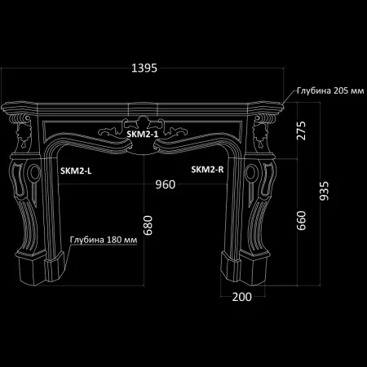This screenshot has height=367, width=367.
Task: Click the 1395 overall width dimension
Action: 144,68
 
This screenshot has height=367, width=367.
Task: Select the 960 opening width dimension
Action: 166,184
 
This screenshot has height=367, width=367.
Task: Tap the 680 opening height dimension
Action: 148,225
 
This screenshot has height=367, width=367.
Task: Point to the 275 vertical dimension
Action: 301,130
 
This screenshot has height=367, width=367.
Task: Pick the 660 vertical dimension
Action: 301,220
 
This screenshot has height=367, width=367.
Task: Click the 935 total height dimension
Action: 324,191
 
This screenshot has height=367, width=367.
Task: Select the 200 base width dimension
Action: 242,297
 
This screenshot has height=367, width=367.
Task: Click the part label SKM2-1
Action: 143,134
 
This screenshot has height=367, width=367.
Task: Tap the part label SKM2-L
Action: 76,170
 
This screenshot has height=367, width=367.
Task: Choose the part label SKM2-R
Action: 207,170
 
